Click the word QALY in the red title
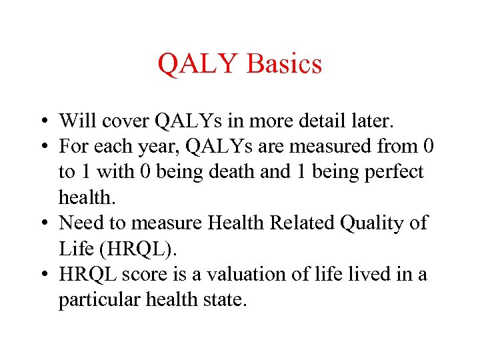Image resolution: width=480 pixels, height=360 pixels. (x=198, y=64)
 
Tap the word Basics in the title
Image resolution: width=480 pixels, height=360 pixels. (x=284, y=64)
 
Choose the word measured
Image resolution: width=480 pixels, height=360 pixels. (x=328, y=146)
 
